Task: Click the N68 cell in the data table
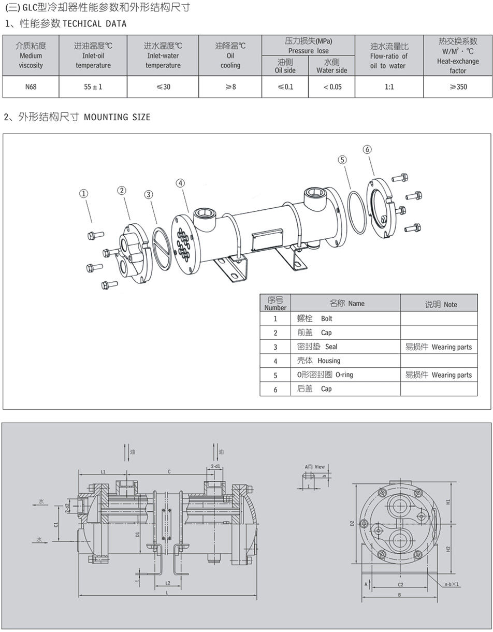[x=31, y=87]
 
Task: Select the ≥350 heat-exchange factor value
[x=458, y=87]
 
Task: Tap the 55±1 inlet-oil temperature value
[x=93, y=87]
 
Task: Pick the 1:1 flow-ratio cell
[x=389, y=87]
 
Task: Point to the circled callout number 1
[x=83, y=193]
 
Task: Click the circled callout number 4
[x=180, y=183]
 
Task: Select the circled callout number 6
[x=367, y=149]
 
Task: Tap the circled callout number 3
[x=149, y=194]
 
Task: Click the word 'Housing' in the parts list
[x=329, y=361]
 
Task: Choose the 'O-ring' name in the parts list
[x=344, y=375]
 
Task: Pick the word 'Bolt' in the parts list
[x=326, y=319]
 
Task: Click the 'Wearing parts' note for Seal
[x=451, y=347]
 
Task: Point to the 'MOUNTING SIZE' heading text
[x=117, y=117]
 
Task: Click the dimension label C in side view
[x=169, y=471]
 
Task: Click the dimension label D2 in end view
[x=352, y=523]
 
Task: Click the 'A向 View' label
[x=314, y=467]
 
